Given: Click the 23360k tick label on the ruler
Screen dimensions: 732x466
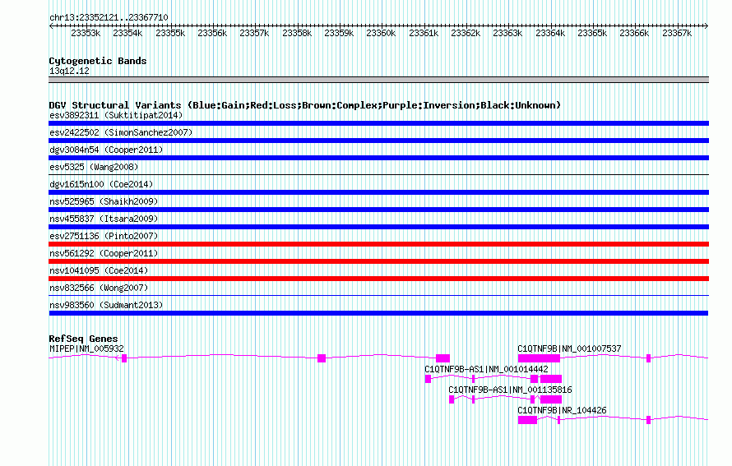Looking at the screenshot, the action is (381, 33).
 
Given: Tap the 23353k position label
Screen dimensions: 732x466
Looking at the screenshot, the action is (86, 33).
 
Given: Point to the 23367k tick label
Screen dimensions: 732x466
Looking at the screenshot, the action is (677, 33).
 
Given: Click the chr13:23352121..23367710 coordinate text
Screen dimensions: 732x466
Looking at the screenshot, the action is (109, 17).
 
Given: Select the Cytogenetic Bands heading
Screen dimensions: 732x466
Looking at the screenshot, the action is (98, 61).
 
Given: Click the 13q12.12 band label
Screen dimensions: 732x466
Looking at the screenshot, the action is (69, 71).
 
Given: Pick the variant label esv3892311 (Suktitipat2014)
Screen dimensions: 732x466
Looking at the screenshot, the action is (116, 115).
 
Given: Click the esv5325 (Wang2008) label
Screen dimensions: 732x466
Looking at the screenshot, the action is (94, 167).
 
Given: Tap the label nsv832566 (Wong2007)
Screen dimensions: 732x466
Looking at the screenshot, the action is (99, 288).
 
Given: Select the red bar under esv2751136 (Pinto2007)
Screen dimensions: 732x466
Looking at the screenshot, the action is (378, 244).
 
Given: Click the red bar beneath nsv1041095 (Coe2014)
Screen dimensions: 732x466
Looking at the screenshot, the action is (378, 279).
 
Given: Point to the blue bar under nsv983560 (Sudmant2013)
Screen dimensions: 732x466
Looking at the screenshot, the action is (378, 313).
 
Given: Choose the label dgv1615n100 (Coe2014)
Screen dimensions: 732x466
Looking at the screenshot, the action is (101, 184).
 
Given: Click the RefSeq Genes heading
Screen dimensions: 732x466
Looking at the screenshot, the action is (83, 339).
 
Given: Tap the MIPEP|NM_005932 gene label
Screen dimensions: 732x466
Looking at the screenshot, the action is (86, 348).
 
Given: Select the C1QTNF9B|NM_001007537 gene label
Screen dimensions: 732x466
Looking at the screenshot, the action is (569, 348).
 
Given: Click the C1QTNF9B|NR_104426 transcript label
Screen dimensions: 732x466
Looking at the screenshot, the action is (562, 410).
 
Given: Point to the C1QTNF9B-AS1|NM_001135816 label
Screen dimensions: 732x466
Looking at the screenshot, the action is (510, 390).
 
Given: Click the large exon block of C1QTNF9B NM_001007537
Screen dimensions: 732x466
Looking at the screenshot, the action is (539, 358).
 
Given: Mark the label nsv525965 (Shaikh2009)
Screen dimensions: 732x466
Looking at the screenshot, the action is (104, 201).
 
